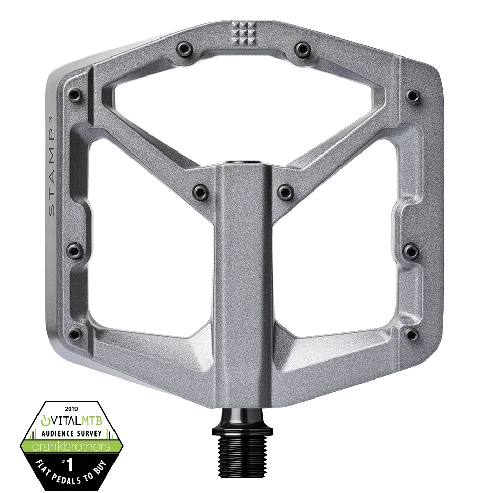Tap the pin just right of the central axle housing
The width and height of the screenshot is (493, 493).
point(283,192)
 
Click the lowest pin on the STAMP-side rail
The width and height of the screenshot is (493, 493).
point(73,331)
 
